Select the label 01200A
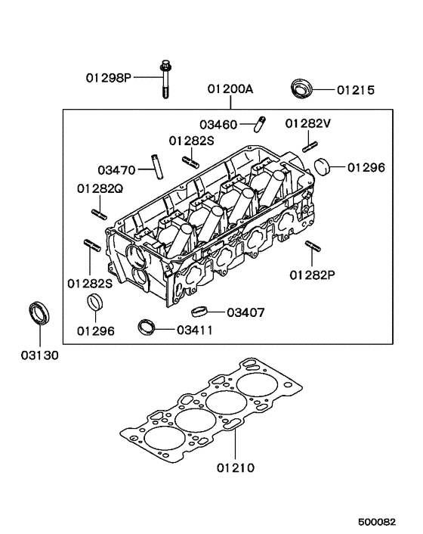click(231, 89)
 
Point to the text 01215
click(355, 91)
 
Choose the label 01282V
click(308, 124)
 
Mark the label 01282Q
click(99, 188)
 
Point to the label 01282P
click(311, 275)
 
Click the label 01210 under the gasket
click(236, 468)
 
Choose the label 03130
click(39, 353)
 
